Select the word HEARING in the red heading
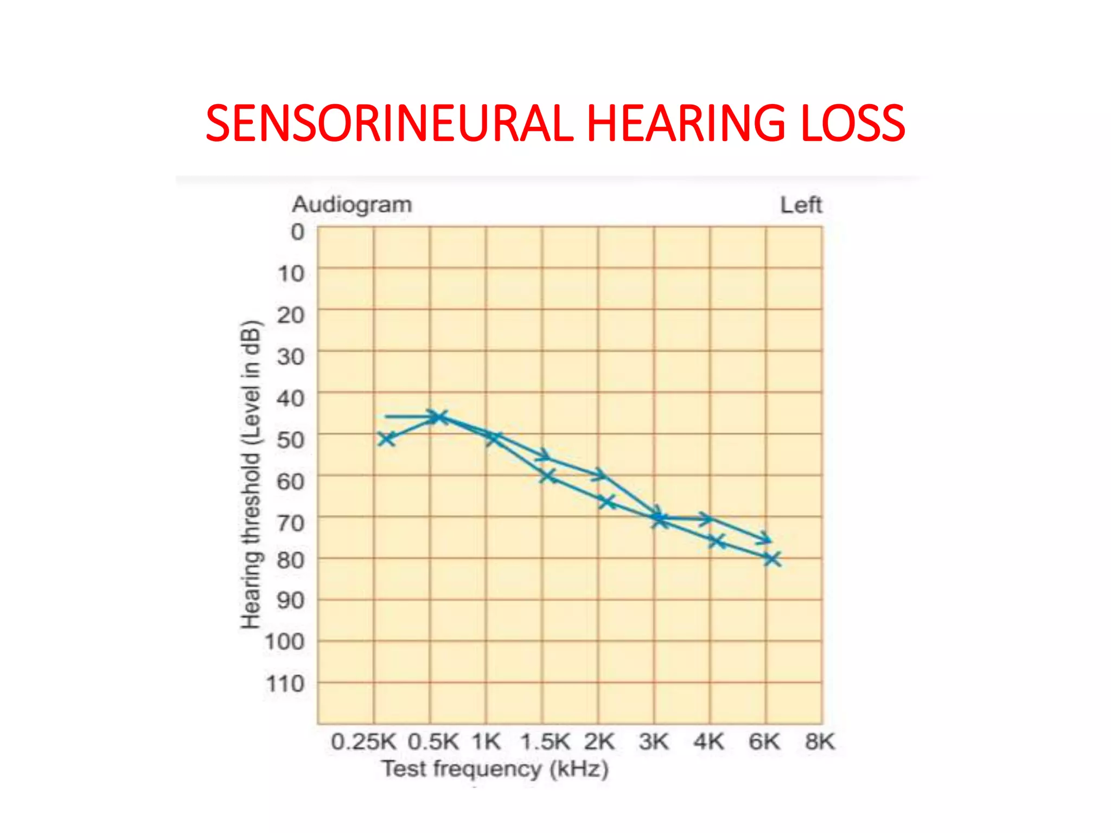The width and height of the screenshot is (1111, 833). [686, 124]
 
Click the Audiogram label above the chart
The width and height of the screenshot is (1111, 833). [352, 204]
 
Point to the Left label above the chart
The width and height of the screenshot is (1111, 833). [801, 205]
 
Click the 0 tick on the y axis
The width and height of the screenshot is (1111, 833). [297, 232]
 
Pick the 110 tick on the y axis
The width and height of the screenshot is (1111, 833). [285, 683]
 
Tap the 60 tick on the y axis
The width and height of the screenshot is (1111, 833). [290, 481]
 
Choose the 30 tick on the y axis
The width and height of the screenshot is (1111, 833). [290, 356]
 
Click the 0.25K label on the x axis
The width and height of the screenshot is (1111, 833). [363, 741]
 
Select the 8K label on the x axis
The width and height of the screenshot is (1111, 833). [819, 741]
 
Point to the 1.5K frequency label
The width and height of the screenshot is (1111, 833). [545, 741]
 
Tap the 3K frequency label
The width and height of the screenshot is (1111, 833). [654, 741]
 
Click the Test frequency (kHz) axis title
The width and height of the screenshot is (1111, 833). [495, 769]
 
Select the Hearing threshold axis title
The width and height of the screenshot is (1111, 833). [251, 475]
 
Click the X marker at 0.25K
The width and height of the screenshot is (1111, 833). [386, 438]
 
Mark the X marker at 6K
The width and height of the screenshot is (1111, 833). [772, 558]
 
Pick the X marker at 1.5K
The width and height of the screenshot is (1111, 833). [548, 476]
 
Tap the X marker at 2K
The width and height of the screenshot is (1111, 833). [607, 502]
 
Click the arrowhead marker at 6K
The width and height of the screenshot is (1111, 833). [765, 538]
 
